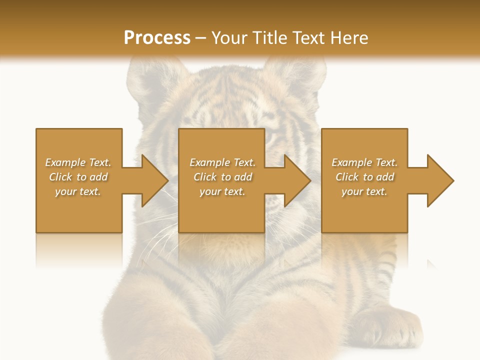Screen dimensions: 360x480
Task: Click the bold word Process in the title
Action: click(x=157, y=38)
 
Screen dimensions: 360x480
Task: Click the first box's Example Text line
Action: click(x=78, y=162)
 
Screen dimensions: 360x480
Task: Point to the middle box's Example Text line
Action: click(x=222, y=162)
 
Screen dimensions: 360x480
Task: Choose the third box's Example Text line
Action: click(x=364, y=162)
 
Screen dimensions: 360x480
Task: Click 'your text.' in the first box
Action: click(x=78, y=191)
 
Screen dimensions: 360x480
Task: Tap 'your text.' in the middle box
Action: click(x=222, y=191)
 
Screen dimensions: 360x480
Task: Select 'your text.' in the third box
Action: click(x=364, y=191)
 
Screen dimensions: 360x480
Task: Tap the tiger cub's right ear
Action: click(x=295, y=75)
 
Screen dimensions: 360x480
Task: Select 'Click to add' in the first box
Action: click(x=78, y=177)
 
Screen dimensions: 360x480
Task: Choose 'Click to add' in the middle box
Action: click(x=222, y=177)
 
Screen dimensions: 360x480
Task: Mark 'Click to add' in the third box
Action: click(x=364, y=177)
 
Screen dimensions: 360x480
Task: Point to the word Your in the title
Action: click(x=228, y=38)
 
